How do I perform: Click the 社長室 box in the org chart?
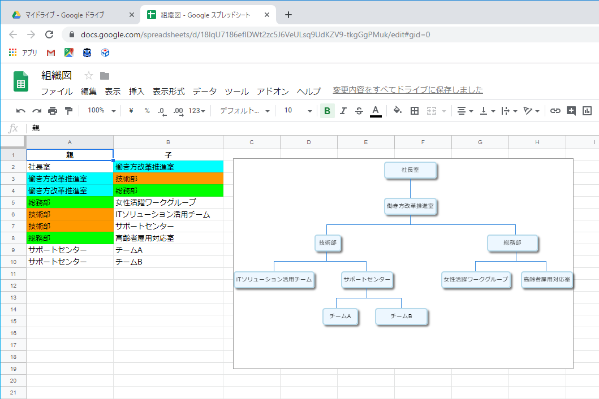coord(410,170)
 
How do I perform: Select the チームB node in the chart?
coord(401,316)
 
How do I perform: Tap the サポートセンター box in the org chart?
coord(367,280)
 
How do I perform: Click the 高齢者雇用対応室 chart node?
coord(546,280)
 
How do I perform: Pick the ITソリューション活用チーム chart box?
coord(274,280)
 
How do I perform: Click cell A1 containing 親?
coord(70,155)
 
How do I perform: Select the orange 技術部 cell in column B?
coord(168,179)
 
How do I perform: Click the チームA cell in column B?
coord(168,250)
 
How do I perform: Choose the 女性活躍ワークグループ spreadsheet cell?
coord(168,202)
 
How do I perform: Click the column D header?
coord(309,142)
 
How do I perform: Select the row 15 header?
coord(13,321)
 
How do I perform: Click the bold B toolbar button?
coord(327,111)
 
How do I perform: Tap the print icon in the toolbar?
coord(53,111)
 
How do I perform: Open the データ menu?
coord(204,92)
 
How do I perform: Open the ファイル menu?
coord(57,92)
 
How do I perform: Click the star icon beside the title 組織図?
coord(89,76)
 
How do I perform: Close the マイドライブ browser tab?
coord(131,15)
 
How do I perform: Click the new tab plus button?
coord(288,15)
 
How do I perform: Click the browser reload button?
coord(49,34)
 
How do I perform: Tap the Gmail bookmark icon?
coord(50,53)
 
